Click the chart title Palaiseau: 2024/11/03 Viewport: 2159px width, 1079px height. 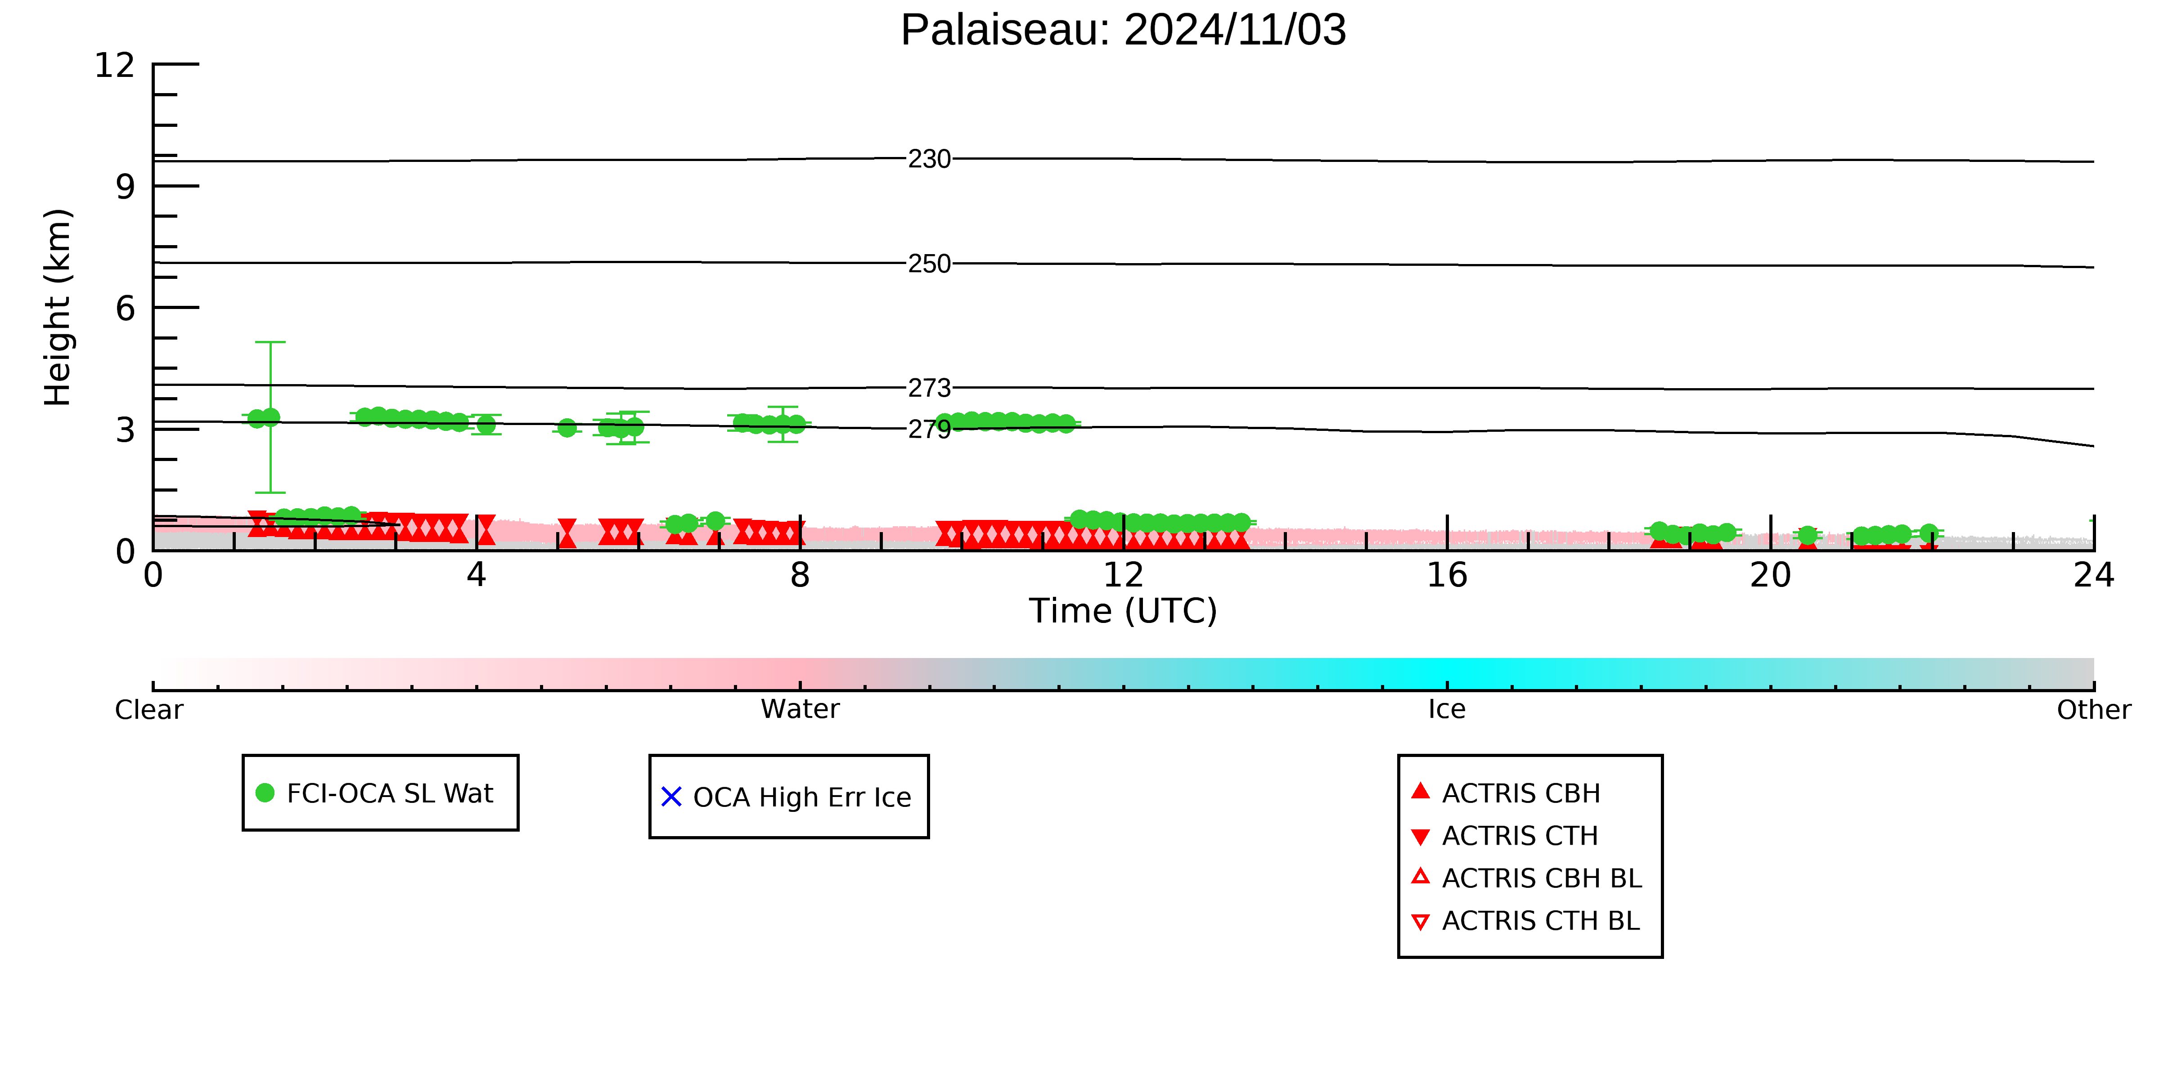pos(1123,30)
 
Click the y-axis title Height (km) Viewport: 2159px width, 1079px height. pos(58,308)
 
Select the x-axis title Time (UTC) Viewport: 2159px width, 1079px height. pos(1123,611)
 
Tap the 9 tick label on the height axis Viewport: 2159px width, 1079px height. pos(126,187)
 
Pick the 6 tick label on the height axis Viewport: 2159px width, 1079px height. pos(126,309)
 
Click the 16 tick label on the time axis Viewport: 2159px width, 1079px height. pos(1448,576)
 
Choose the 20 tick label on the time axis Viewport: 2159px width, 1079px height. pos(1771,576)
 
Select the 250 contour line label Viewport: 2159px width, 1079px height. pos(930,264)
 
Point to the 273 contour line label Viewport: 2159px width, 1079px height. pos(930,388)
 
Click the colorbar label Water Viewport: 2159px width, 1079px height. pos(801,710)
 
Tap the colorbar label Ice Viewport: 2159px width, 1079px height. pos(1448,710)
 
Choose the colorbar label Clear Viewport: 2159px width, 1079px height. pos(149,710)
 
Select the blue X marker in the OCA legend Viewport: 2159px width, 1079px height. pos(671,797)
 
